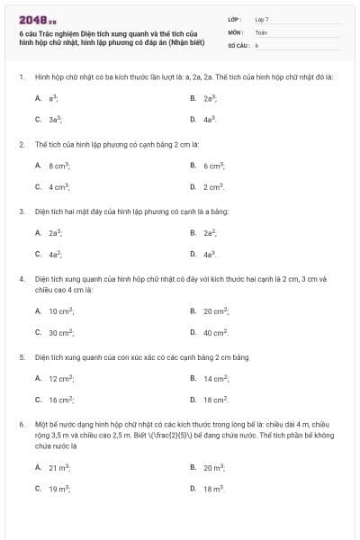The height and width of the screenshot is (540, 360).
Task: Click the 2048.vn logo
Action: pos(38,20)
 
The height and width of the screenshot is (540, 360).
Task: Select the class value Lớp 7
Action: pos(262,19)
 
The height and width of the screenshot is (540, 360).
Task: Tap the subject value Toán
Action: pos(261,31)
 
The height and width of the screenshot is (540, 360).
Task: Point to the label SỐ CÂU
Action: pos(238,44)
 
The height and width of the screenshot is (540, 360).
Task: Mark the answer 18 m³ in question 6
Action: pos(213,489)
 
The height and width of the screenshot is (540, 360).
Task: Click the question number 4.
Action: pos(21,279)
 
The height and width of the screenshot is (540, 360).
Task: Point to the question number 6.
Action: pos(21,423)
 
